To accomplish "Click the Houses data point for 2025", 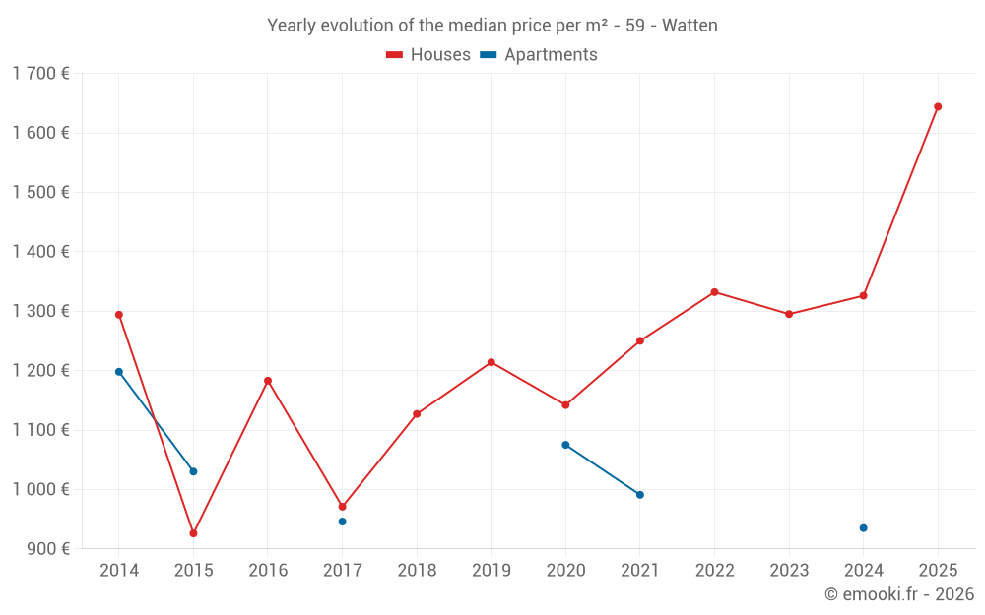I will pyautogui.click(x=938, y=106).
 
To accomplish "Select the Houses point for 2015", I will pyautogui.click(x=193, y=533).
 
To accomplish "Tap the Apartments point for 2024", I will pyautogui.click(x=864, y=528).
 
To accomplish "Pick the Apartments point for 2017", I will pyautogui.click(x=342, y=522).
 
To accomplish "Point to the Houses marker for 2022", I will pyautogui.click(x=714, y=292).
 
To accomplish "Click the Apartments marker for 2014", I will pyautogui.click(x=119, y=372).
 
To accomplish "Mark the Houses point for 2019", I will pyautogui.click(x=492, y=362).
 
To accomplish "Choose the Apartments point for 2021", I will pyautogui.click(x=640, y=495).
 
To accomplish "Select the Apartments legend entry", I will pyautogui.click(x=539, y=55).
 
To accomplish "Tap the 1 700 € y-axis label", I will pyautogui.click(x=40, y=74).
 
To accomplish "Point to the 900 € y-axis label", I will pyautogui.click(x=47, y=549).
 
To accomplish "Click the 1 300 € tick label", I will pyautogui.click(x=40, y=311).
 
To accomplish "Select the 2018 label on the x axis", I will pyautogui.click(x=417, y=571).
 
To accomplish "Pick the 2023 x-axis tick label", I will pyautogui.click(x=789, y=571).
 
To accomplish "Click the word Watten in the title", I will pyautogui.click(x=689, y=26).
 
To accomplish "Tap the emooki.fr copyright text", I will pyautogui.click(x=899, y=594).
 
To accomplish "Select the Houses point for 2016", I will pyautogui.click(x=268, y=381).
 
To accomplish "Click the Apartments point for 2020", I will pyautogui.click(x=565, y=445).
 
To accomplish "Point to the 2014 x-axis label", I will pyautogui.click(x=119, y=571).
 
